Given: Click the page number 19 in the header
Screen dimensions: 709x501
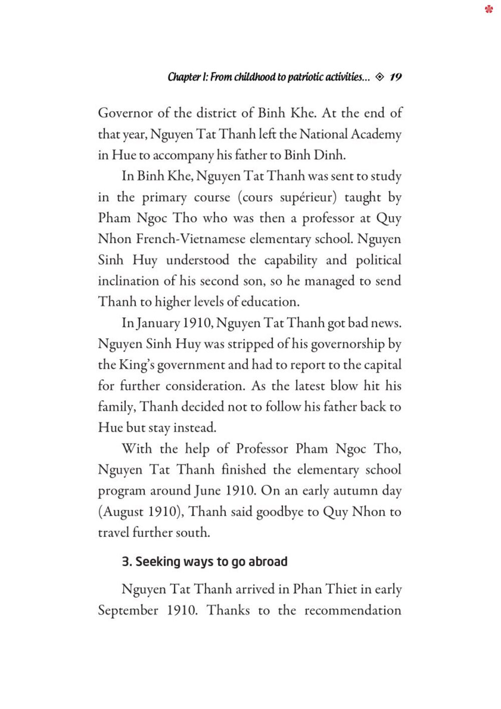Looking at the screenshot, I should coord(395,77).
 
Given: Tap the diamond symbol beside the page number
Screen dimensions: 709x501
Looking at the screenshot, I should coord(380,77).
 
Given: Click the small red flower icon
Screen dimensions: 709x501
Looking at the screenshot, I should coord(489,9).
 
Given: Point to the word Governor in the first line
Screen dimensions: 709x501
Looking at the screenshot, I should coord(125,113).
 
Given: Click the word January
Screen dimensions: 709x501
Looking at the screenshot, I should coord(158,323).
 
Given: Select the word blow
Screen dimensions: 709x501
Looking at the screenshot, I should coord(344,386).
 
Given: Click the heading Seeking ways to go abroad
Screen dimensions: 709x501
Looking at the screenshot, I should coord(204,562).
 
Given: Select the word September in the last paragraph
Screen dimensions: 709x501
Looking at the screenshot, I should coord(128,611).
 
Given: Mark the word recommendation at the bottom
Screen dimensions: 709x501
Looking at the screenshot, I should coord(353,611).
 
